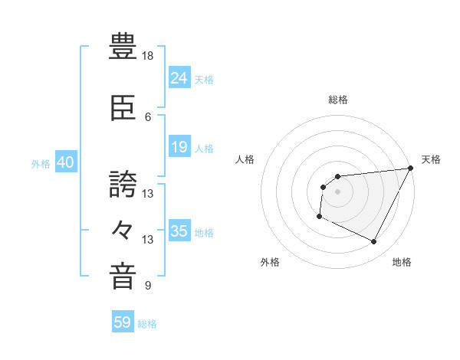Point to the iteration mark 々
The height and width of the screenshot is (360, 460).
[123, 228]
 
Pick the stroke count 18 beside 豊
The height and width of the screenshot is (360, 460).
[148, 56]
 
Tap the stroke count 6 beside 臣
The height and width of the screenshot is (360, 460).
[148, 116]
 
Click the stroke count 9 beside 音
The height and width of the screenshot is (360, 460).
[148, 286]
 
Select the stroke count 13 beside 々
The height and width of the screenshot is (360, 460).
[148, 240]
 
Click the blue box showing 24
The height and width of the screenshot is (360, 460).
[179, 77]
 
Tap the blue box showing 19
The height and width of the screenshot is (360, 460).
[179, 147]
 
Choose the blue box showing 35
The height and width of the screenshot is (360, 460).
[179, 231]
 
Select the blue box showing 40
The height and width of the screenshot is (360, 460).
[65, 162]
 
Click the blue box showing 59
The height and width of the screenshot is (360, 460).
[123, 322]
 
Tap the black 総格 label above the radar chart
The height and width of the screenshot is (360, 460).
[337, 100]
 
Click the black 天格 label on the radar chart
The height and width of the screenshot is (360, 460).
[431, 159]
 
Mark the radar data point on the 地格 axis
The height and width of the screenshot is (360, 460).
[374, 242]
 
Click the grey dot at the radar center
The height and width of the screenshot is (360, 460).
[337, 191]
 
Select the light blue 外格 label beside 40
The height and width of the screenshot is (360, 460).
[41, 163]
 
